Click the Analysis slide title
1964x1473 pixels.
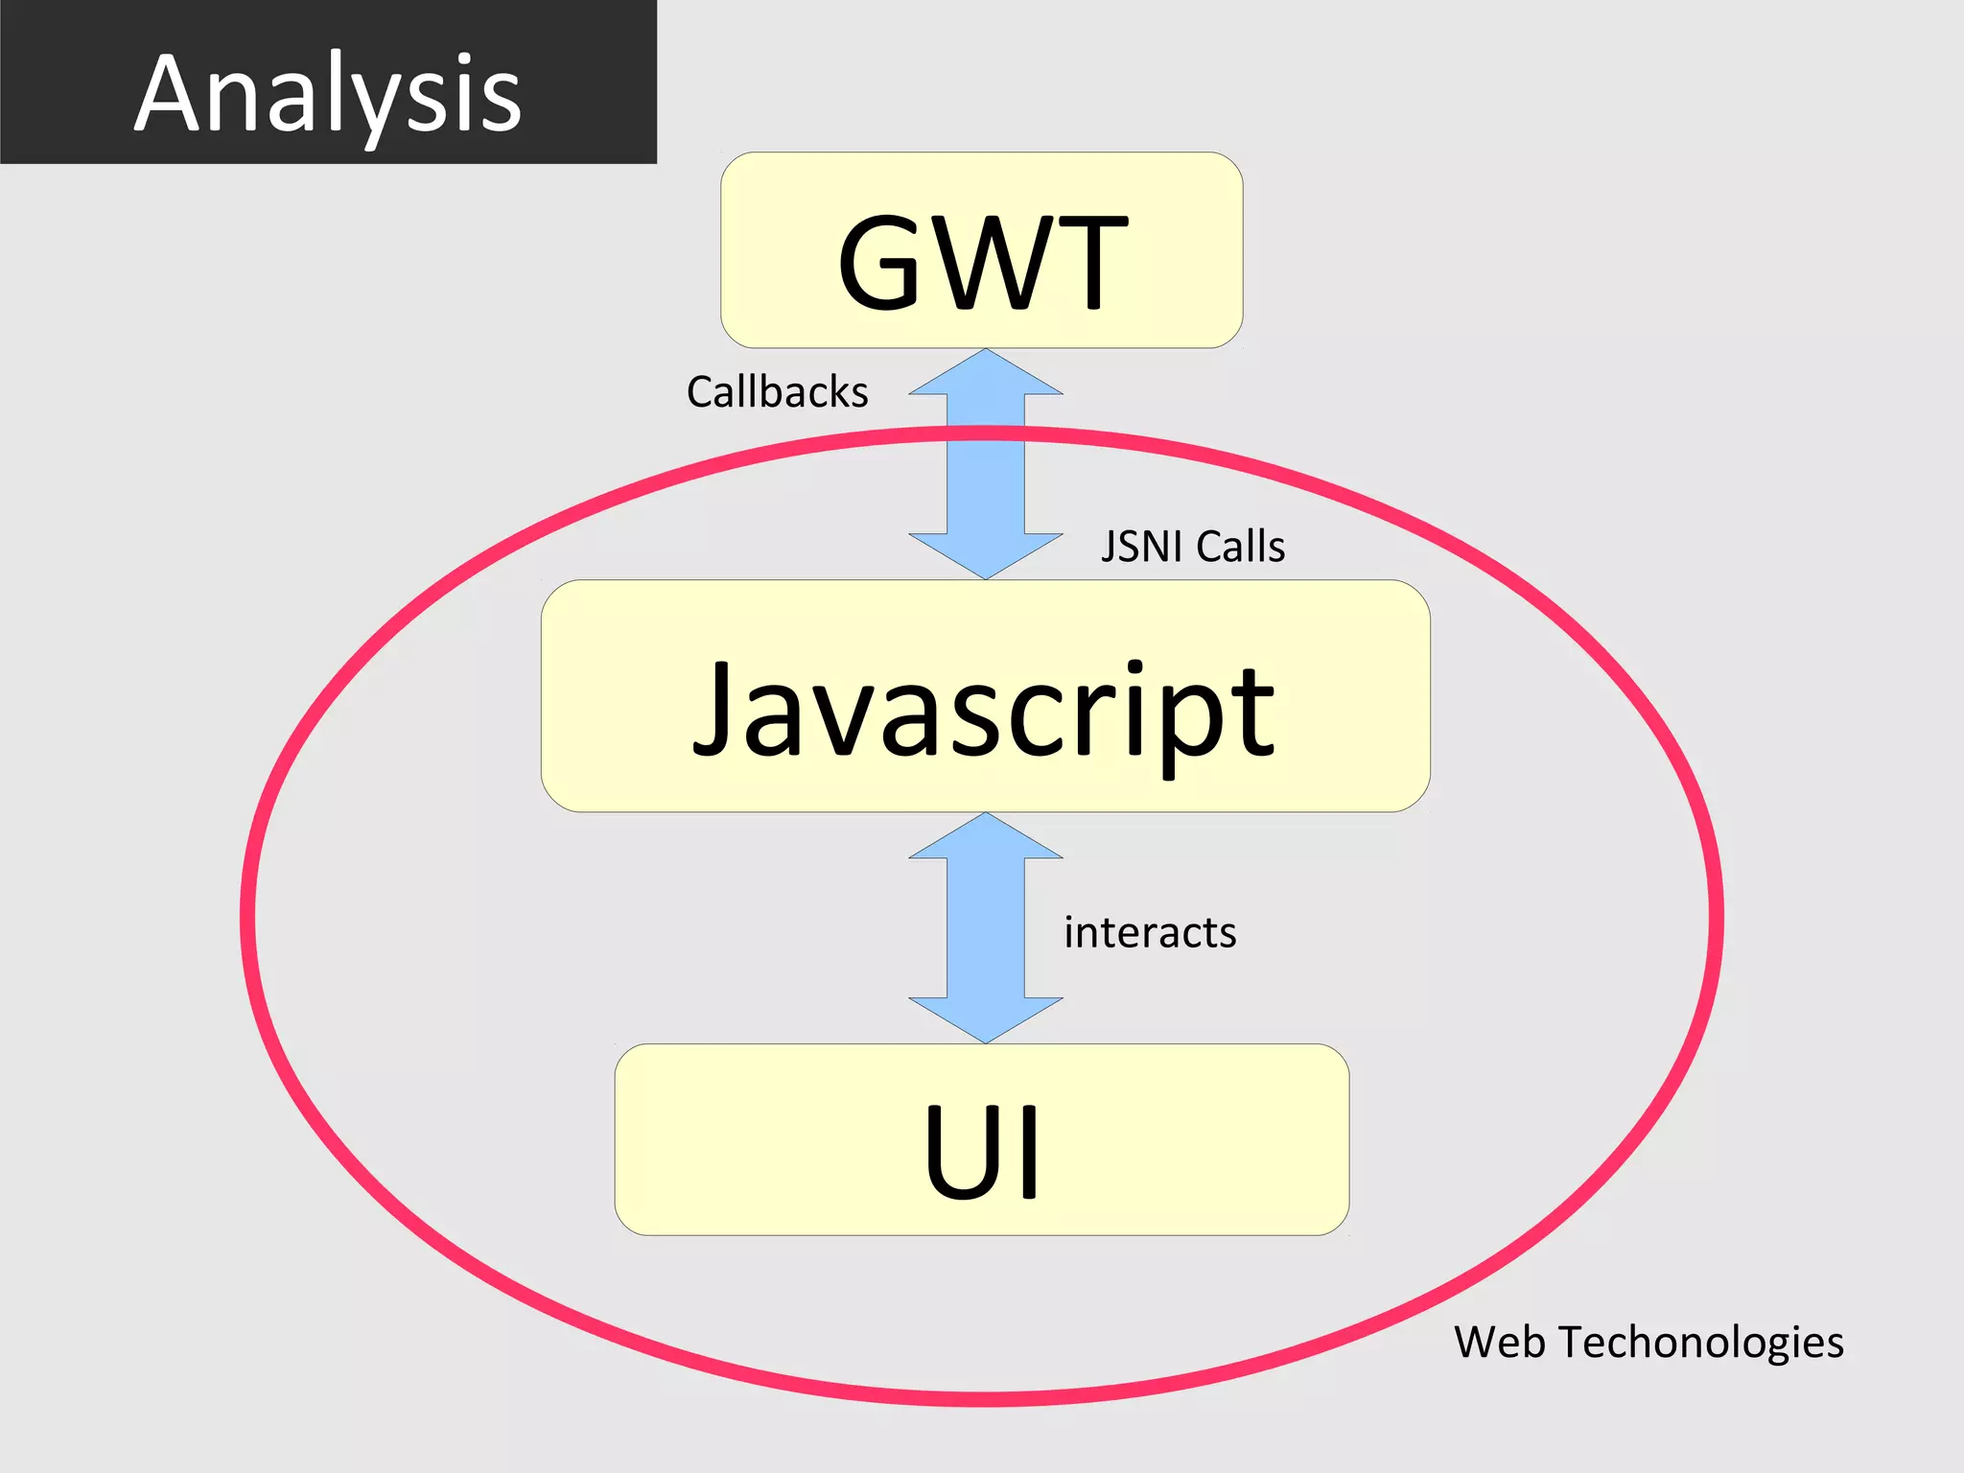click(328, 94)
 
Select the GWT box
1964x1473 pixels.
click(981, 250)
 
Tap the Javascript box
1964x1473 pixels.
click(985, 696)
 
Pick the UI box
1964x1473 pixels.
click(981, 1139)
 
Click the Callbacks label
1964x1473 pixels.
click(777, 392)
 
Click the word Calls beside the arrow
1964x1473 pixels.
click(1240, 547)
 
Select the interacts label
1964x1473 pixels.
click(1150, 932)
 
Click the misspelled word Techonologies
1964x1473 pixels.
click(1701, 1343)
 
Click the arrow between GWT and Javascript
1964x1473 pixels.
click(986, 464)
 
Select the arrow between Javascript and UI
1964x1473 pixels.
click(986, 928)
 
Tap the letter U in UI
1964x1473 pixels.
click(960, 1151)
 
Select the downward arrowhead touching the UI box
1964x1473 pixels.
click(986, 1018)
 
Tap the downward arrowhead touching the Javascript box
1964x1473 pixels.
click(986, 554)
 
